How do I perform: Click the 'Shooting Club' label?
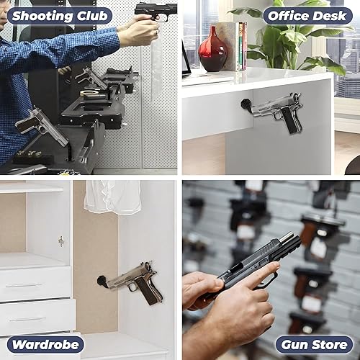click(60, 15)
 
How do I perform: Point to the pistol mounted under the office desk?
click(276, 112)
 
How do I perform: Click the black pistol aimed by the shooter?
click(156, 11)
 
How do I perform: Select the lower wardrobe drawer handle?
click(27, 318)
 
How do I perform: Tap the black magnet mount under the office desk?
click(246, 107)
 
